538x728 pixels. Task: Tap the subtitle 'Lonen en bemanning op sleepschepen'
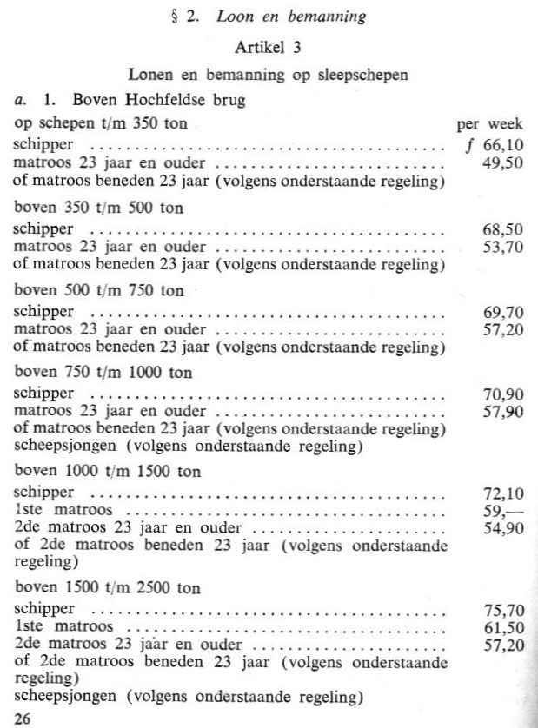(x=268, y=76)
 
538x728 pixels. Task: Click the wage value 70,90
(x=503, y=394)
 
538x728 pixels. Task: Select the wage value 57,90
(x=503, y=411)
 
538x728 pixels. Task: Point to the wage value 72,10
(x=503, y=493)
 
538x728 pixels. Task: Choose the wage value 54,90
(x=503, y=528)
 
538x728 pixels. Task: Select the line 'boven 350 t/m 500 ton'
(x=98, y=208)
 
